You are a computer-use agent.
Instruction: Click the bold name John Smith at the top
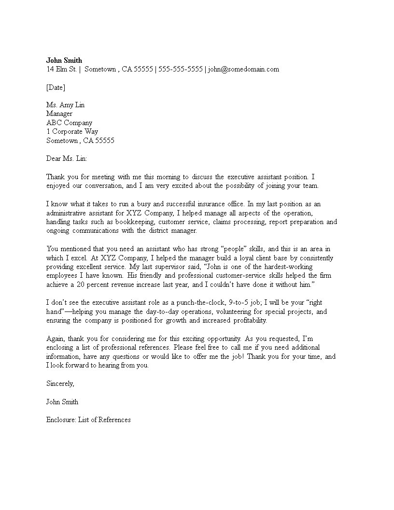(x=64, y=60)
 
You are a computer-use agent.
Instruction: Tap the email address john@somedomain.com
(x=244, y=69)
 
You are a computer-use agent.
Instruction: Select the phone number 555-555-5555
(x=181, y=69)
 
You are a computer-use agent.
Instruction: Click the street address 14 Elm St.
(x=61, y=69)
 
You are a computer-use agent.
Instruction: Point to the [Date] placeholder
(x=56, y=87)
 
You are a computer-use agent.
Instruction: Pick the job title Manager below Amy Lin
(x=59, y=113)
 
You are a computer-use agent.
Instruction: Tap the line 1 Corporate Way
(x=72, y=131)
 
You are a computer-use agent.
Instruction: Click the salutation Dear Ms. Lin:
(x=67, y=158)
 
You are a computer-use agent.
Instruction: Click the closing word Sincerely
(x=60, y=383)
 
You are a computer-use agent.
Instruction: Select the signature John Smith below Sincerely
(x=62, y=402)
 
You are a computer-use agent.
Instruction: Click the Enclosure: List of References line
(x=88, y=420)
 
